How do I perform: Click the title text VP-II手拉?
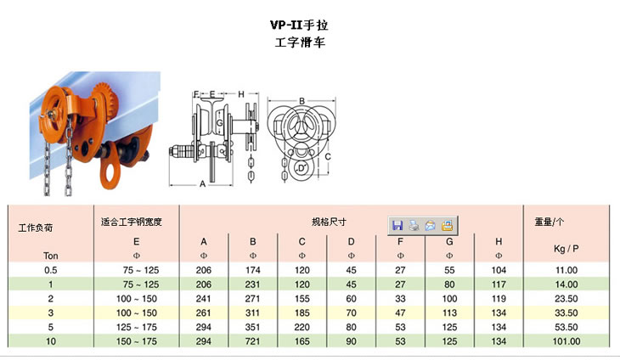(299, 25)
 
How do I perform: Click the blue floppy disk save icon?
(397, 225)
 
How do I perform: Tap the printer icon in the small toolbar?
(414, 225)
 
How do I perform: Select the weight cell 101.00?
(566, 341)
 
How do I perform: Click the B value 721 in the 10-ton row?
(252, 341)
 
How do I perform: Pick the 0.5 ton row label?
(51, 270)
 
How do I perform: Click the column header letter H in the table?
(499, 241)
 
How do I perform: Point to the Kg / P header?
(566, 249)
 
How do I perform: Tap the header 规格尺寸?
(329, 222)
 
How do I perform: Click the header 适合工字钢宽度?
(132, 222)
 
